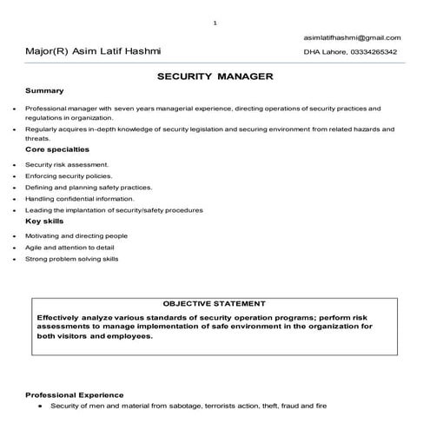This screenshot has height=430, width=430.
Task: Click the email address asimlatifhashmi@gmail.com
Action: click(352, 38)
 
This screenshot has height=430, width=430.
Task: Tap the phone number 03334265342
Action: click(374, 52)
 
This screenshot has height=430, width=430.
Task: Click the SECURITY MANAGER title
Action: click(215, 76)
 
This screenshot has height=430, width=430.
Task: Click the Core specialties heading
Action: click(57, 149)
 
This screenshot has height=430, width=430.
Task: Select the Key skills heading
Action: click(43, 222)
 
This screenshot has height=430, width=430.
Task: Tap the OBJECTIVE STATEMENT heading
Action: click(215, 304)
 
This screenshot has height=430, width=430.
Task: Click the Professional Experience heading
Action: click(75, 394)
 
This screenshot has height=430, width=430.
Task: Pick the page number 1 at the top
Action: click(215, 21)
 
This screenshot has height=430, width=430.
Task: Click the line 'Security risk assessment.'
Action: click(67, 164)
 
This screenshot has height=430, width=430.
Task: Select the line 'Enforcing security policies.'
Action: click(69, 175)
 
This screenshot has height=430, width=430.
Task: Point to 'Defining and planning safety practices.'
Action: click(89, 187)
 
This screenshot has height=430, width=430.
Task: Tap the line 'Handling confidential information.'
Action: click(79, 198)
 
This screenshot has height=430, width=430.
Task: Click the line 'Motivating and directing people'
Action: click(76, 235)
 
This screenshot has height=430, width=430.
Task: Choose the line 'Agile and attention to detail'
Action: click(75, 248)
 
